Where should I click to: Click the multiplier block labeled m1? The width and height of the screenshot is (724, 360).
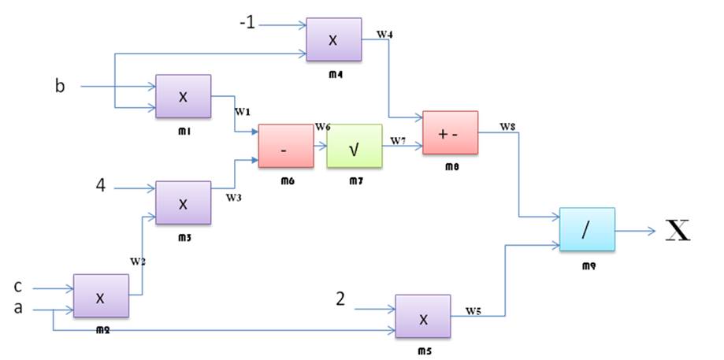click(x=183, y=97)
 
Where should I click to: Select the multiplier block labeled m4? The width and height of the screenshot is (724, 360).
click(x=333, y=39)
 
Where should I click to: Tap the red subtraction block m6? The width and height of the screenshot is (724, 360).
click(x=285, y=147)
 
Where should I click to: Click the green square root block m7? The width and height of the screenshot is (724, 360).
click(x=354, y=147)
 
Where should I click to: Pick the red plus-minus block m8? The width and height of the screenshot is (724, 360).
click(x=450, y=132)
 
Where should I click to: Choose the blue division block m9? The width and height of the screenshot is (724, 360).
click(x=587, y=230)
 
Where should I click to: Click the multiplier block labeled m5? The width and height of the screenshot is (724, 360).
click(x=423, y=317)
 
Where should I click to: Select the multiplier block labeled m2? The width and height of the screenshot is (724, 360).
click(x=100, y=297)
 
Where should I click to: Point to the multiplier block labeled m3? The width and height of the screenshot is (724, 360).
click(x=183, y=202)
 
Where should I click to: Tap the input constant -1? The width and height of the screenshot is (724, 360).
click(x=248, y=24)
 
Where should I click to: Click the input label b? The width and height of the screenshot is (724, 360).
click(x=60, y=85)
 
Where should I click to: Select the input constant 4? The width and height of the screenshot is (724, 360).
click(x=100, y=187)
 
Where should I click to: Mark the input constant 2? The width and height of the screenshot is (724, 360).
click(x=340, y=299)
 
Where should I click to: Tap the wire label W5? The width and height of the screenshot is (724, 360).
click(x=473, y=310)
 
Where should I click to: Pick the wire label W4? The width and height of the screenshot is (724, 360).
click(x=384, y=35)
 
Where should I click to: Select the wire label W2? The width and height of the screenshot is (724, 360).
click(x=138, y=262)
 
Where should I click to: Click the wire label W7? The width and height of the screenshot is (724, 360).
click(x=399, y=139)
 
